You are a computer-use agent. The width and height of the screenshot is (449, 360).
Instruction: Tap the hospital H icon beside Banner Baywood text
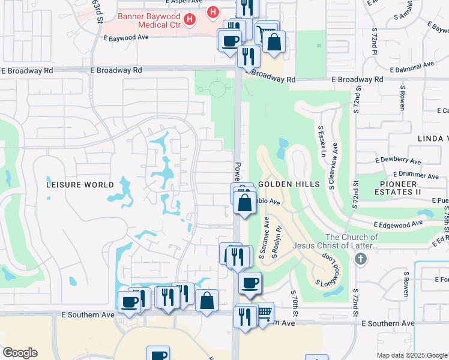coord(190,20)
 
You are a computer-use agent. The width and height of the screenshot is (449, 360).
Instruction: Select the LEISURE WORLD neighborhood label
coord(79,185)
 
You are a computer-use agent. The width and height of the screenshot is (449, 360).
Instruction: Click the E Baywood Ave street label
coord(125,37)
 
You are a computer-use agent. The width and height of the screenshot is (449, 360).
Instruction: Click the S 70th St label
coord(296,304)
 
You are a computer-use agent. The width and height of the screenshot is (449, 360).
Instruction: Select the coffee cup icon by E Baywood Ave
coord(229,41)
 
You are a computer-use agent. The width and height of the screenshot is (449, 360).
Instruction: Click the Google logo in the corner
coord(19,353)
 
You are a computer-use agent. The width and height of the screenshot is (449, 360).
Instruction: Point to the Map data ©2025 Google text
coord(412,355)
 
